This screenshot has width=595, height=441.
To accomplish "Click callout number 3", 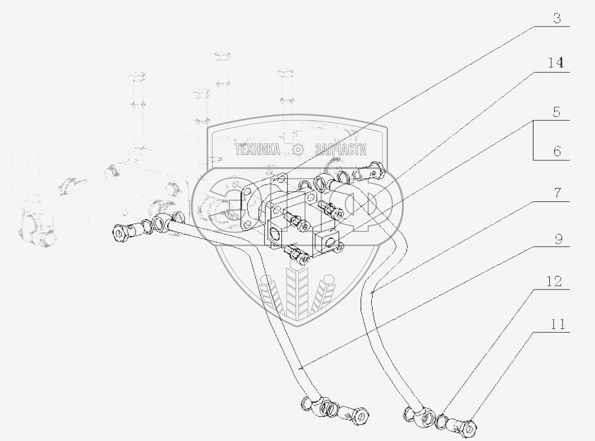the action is (x=557, y=18).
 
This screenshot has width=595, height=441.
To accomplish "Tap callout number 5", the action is (x=556, y=112).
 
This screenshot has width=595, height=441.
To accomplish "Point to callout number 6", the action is (x=557, y=151).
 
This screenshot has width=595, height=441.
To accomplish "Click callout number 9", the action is (x=558, y=239).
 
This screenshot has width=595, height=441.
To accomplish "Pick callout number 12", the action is (x=554, y=281).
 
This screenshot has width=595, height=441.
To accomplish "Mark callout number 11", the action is (x=557, y=324).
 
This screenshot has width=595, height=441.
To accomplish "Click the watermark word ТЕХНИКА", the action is (x=257, y=149).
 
